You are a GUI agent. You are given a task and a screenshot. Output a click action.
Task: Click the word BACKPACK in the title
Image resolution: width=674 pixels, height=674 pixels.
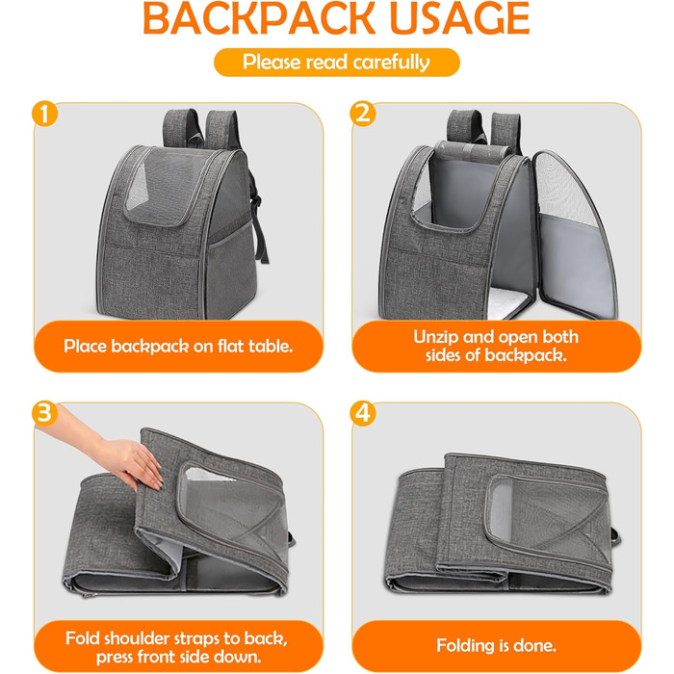(x=259, y=18)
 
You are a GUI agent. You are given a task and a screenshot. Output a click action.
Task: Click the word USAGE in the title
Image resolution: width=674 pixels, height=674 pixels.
(x=460, y=18)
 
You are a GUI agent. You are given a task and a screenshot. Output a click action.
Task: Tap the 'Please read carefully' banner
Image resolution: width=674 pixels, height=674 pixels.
(x=337, y=63)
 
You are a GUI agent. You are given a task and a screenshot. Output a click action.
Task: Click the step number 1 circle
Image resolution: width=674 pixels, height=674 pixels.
(x=44, y=114)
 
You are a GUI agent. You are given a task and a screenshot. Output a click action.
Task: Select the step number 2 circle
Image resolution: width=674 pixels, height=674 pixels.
(x=363, y=114)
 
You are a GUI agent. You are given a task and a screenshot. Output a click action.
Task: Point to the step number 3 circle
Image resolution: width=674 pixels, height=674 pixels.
(x=44, y=413)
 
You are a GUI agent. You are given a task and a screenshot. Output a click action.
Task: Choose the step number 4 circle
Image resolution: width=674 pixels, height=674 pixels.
(x=363, y=413)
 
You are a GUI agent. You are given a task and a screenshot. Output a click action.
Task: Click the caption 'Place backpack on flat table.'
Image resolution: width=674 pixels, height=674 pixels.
(x=178, y=346)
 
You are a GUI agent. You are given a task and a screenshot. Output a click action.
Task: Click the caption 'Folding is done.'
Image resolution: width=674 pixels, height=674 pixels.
(x=496, y=645)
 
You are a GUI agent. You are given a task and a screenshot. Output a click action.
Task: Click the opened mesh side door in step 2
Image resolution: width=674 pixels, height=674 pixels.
(x=574, y=234)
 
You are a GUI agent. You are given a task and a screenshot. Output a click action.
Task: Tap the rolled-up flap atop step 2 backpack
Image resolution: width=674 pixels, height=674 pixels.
(x=473, y=149)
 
